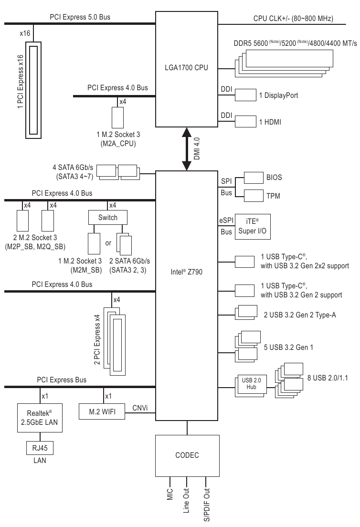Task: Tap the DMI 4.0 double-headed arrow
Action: point(187,148)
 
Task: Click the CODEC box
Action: point(187,455)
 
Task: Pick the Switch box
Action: point(108,218)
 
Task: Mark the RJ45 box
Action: point(40,449)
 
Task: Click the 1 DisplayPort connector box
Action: point(245,95)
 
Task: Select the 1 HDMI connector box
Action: point(245,122)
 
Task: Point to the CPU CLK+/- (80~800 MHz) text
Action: point(293,19)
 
